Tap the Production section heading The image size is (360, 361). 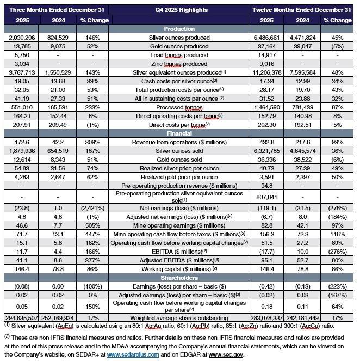[x=180, y=29]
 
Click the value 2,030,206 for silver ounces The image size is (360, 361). [x=21, y=37]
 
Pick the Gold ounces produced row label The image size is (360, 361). [x=180, y=46]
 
